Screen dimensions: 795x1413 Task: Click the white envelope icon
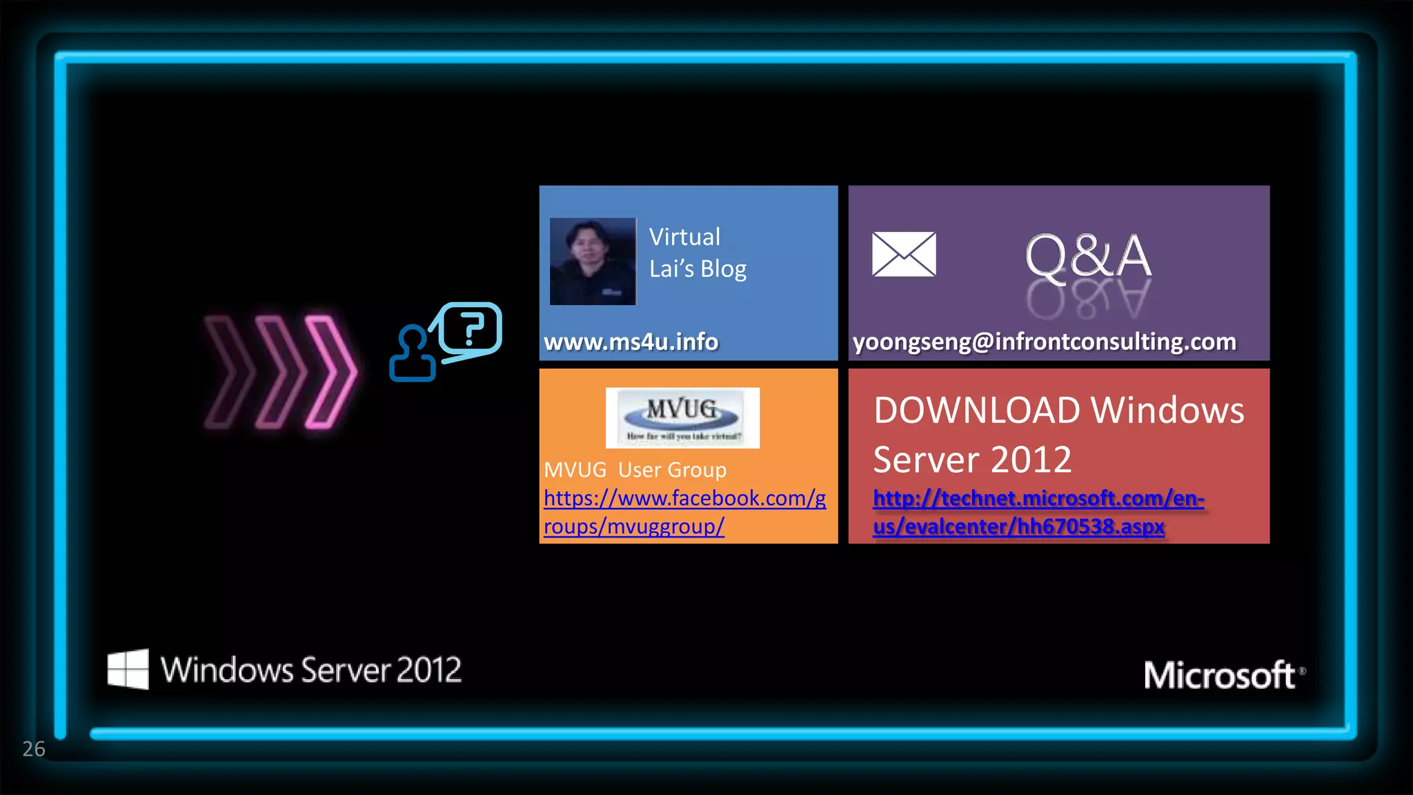tap(904, 254)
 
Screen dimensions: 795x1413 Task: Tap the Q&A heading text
tap(1088, 257)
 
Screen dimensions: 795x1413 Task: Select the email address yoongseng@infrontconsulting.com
tap(1045, 342)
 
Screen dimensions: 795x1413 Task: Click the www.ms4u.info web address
tap(631, 342)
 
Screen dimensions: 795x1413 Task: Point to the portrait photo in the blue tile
tap(593, 261)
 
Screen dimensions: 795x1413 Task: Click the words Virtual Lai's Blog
tap(698, 253)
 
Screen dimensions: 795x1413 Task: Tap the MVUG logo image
tap(682, 418)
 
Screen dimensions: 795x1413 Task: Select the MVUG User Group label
tap(635, 470)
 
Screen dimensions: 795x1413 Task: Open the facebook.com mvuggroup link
tap(684, 512)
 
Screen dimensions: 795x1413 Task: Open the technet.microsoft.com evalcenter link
tap(1038, 512)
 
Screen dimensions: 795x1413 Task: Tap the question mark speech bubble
tap(470, 329)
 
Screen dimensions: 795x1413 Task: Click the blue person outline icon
tap(413, 354)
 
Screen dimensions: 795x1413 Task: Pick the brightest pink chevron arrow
tap(332, 372)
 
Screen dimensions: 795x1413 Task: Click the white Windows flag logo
tap(128, 669)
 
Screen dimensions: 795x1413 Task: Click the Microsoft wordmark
tap(1219, 675)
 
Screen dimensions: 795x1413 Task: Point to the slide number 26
tap(34, 749)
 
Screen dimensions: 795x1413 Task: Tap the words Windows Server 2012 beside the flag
tap(311, 670)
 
